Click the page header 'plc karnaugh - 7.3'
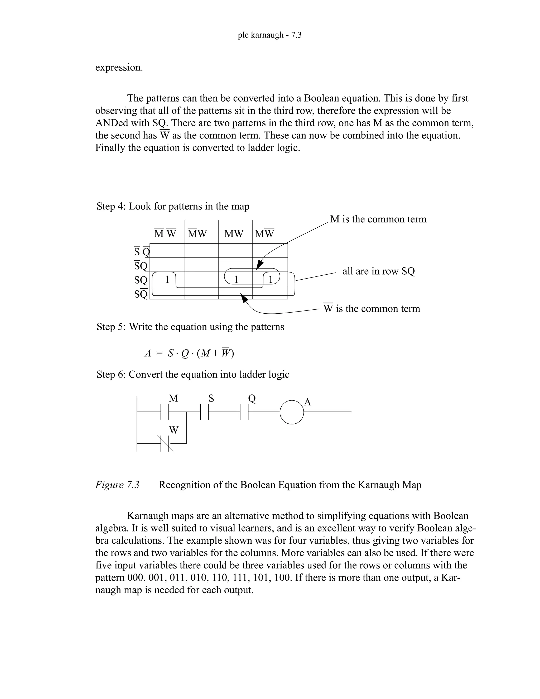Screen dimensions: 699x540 [x=269, y=35]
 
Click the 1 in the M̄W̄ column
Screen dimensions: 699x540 [x=167, y=279]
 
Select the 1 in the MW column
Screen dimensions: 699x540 [x=236, y=279]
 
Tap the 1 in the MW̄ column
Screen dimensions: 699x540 [x=270, y=279]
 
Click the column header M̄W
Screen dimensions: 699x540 [x=197, y=234]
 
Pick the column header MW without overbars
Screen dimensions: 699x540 [x=234, y=234]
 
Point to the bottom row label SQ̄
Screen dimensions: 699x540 [x=141, y=294]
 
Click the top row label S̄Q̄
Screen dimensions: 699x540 [x=141, y=252]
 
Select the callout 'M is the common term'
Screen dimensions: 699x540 [x=378, y=219]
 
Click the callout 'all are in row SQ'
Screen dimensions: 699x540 [x=378, y=271]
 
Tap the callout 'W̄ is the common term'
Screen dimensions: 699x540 [x=372, y=309]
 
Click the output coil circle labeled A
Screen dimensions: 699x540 [x=291, y=412]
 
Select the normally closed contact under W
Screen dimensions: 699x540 [x=165, y=444]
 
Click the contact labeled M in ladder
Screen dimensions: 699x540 [x=165, y=412]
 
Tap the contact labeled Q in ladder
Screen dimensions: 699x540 [x=244, y=412]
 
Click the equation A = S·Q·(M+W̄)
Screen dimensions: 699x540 [x=189, y=353]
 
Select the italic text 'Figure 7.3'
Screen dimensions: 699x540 [x=117, y=485]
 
